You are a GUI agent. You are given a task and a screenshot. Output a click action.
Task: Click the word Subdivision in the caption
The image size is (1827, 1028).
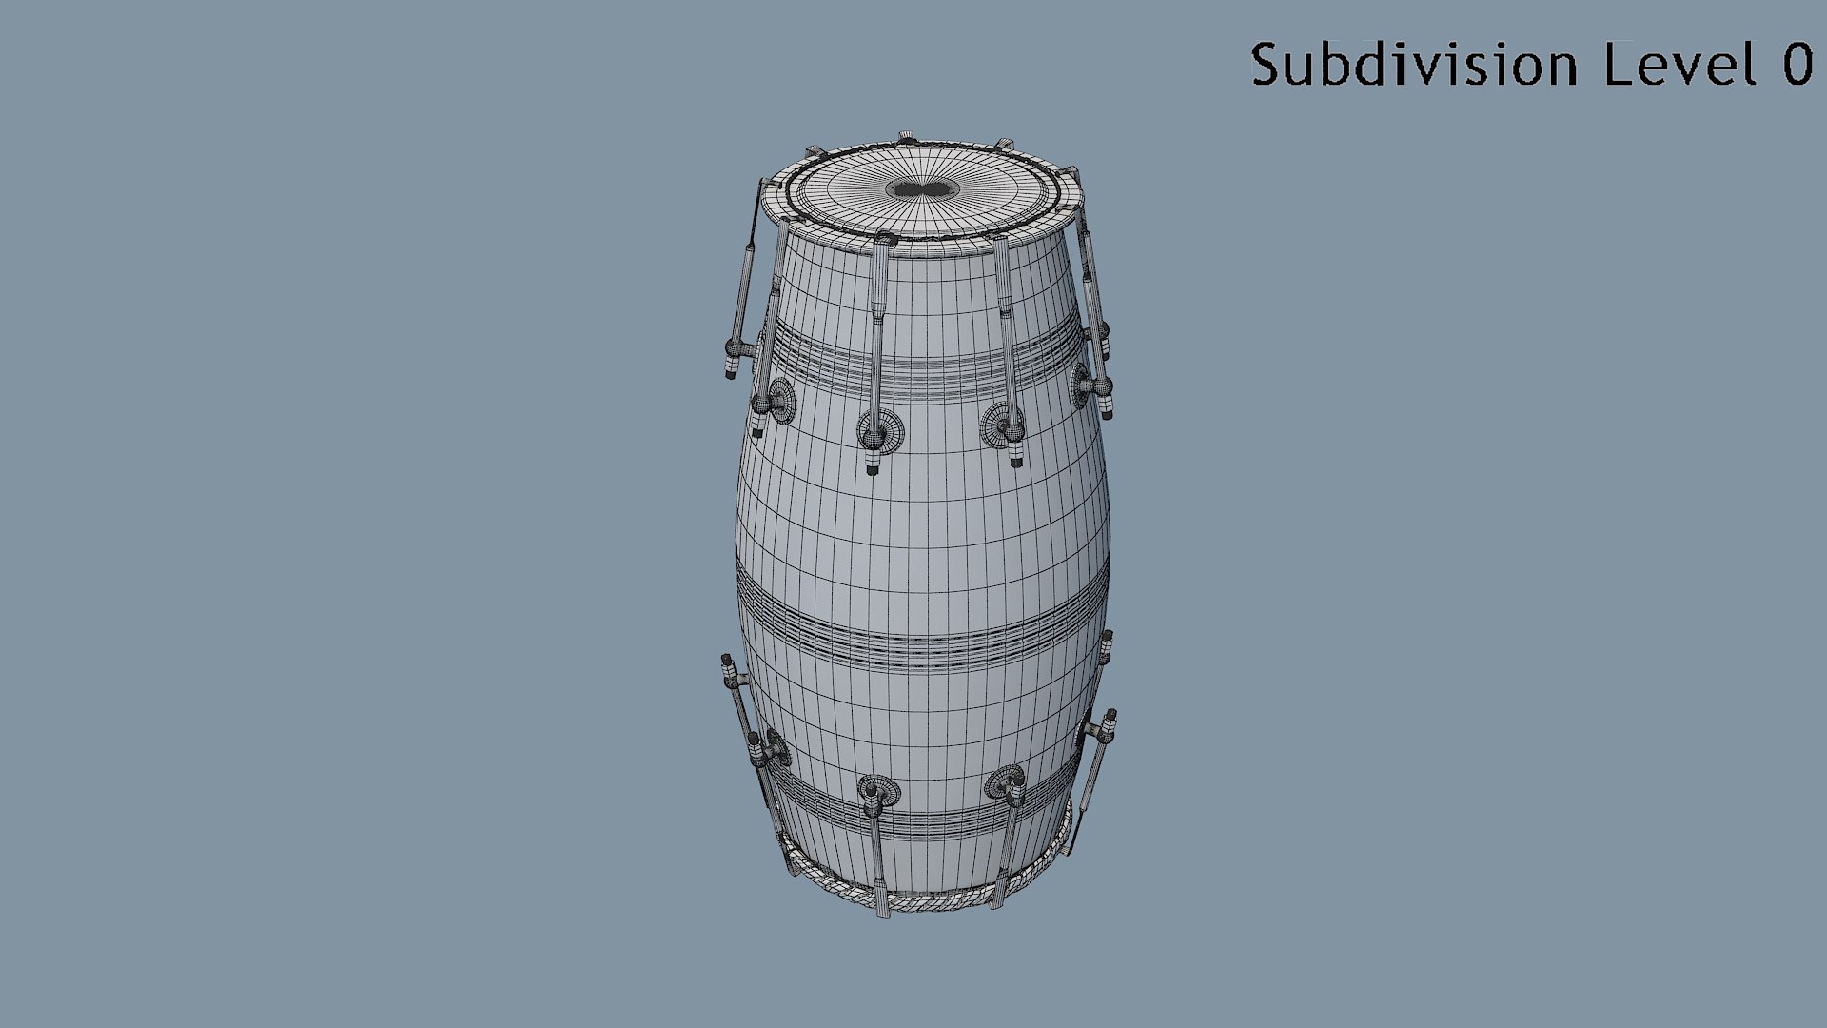[1414, 65]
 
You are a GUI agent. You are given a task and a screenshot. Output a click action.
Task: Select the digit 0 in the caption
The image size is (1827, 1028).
[1798, 66]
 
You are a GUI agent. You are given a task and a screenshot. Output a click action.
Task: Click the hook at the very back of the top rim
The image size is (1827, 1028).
[906, 135]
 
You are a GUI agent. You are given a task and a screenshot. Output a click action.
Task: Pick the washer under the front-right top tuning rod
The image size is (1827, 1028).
[1001, 425]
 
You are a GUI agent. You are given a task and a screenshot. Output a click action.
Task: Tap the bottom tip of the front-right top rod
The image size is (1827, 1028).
[1016, 461]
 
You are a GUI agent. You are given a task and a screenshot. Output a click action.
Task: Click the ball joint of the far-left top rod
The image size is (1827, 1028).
[735, 346]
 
